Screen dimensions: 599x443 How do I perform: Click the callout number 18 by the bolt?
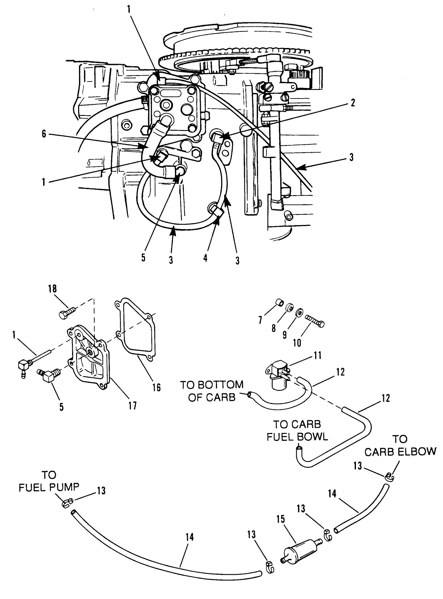tap(53, 289)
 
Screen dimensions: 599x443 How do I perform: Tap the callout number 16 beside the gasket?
tap(157, 387)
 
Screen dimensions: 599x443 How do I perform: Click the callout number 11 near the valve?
tap(318, 355)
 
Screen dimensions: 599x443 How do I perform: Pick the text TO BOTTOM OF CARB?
tap(212, 391)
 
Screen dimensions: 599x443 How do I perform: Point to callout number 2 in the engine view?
tap(353, 103)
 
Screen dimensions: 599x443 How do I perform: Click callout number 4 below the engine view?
tap(205, 258)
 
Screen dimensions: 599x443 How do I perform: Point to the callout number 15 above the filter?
tap(280, 519)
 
